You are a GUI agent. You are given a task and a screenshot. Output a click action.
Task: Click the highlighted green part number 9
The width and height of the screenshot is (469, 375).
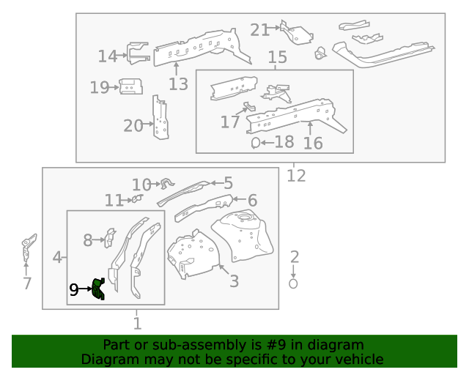(98, 290)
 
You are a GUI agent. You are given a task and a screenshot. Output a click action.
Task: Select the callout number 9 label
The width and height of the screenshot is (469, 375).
(73, 291)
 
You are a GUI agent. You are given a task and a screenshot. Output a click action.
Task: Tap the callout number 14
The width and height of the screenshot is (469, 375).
(108, 56)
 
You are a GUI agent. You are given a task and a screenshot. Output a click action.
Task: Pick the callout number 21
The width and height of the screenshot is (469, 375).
(259, 30)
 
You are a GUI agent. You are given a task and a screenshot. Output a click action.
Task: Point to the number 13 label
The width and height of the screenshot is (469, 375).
(178, 84)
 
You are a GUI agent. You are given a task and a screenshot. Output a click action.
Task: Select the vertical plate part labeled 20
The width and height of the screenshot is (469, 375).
(160, 117)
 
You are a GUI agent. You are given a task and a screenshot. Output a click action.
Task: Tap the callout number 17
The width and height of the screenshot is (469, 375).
(230, 122)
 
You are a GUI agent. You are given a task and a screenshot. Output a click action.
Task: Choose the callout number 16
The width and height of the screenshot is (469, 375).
(313, 143)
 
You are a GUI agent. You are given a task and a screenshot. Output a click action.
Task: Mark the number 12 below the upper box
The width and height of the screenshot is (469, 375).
(296, 176)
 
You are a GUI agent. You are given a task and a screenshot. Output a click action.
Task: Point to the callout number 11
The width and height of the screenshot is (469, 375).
(114, 201)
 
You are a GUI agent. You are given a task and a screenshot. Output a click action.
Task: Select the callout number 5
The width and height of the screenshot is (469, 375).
(228, 183)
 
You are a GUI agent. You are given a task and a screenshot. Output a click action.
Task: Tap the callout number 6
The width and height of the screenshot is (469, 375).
(252, 200)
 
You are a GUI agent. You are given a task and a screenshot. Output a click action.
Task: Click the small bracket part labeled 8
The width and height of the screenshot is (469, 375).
(110, 238)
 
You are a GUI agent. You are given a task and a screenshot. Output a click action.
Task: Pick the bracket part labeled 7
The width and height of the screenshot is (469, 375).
(29, 248)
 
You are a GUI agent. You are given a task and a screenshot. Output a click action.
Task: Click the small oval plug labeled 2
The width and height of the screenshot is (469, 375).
(294, 283)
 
